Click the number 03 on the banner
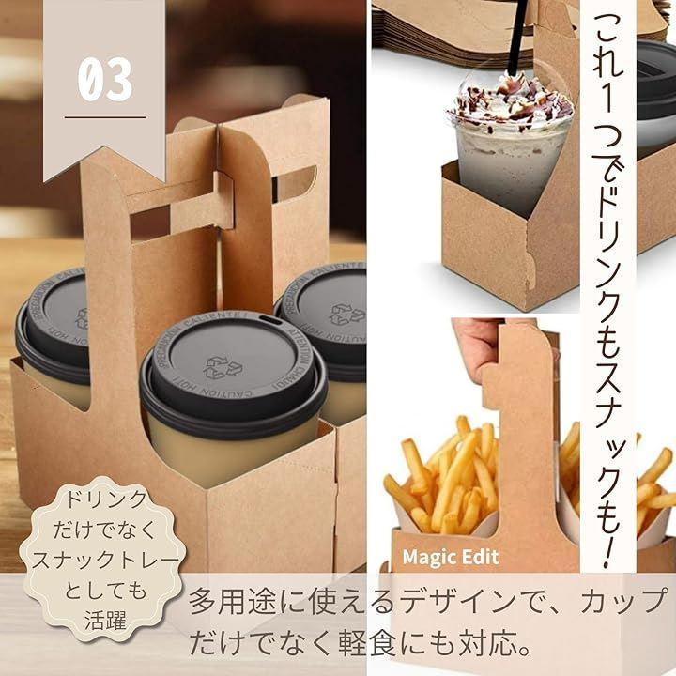pyautogui.click(x=105, y=79)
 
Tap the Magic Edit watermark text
pyautogui.click(x=451, y=557)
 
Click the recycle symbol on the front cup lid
pyautogui.click(x=222, y=367)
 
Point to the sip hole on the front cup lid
pyautogui.click(x=270, y=320)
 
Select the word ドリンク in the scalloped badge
pyautogui.click(x=105, y=499)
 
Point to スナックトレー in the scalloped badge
pyautogui.click(x=105, y=560)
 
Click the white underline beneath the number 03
pyautogui.click(x=105, y=116)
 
